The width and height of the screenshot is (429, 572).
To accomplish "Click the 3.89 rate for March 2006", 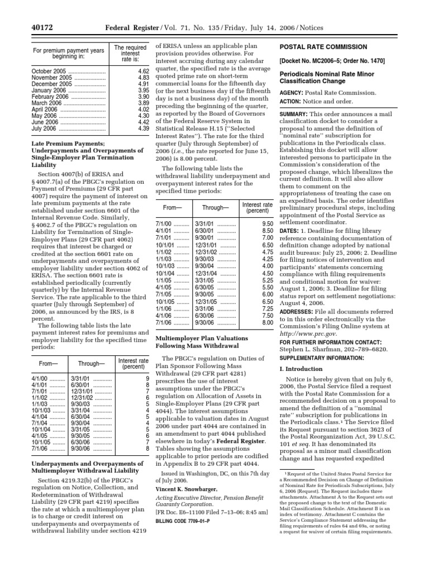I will tap(143, 103).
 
